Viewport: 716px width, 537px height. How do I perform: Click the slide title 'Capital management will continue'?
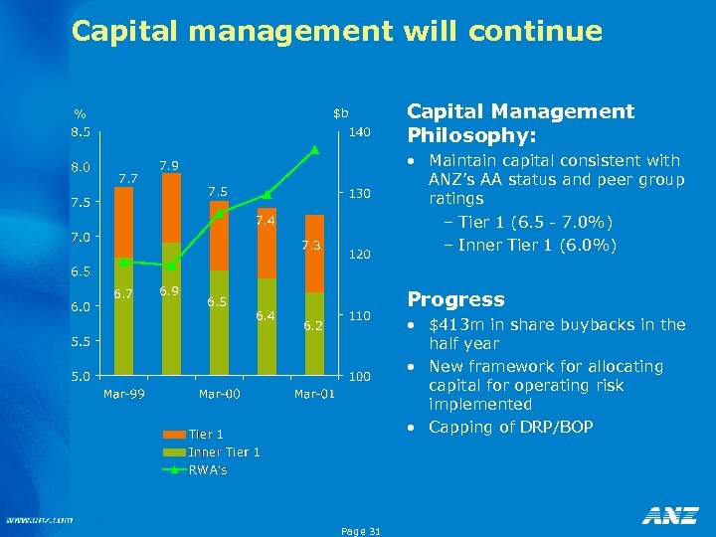click(336, 31)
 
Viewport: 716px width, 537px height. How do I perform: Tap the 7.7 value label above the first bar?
click(127, 178)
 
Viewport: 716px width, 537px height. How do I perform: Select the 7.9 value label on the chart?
click(169, 164)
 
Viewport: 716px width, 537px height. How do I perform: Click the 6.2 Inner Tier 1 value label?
click(314, 325)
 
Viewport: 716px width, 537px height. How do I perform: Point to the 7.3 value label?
click(311, 245)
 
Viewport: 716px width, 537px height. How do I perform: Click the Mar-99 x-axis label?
click(123, 395)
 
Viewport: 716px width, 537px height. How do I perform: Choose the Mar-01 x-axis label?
click(314, 395)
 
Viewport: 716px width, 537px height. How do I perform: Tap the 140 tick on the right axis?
click(358, 131)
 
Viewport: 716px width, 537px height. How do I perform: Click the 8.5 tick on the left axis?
click(80, 131)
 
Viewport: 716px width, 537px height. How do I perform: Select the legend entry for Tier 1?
click(206, 434)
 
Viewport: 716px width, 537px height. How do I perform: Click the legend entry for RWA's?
click(208, 469)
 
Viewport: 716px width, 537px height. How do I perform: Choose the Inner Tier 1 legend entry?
click(224, 451)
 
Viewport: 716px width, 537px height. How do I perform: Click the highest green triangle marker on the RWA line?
click(314, 150)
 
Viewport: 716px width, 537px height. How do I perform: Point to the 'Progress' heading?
click(456, 299)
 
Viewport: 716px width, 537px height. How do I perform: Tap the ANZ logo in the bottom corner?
click(669, 515)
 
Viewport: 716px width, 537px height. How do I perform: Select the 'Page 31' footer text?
click(360, 531)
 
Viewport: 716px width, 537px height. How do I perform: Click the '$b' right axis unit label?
click(340, 111)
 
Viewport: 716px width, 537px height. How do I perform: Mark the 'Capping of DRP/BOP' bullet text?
click(510, 427)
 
